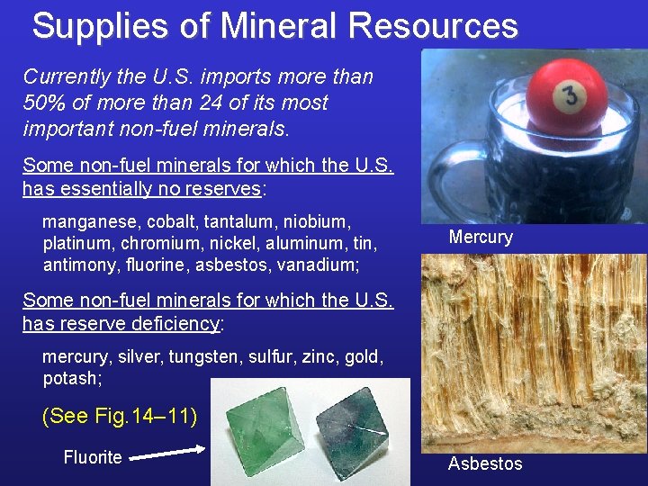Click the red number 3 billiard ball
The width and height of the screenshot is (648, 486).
pyautogui.click(x=566, y=96)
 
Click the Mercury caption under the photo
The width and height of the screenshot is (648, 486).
pyautogui.click(x=481, y=238)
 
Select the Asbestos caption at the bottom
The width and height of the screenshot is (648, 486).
pyautogui.click(x=485, y=463)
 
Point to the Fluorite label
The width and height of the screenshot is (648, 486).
pyautogui.click(x=92, y=457)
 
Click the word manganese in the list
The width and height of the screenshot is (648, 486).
pyautogui.click(x=85, y=220)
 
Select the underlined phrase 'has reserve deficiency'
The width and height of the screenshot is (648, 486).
pyautogui.click(x=121, y=323)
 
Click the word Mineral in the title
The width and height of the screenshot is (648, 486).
pyautogui.click(x=283, y=26)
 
